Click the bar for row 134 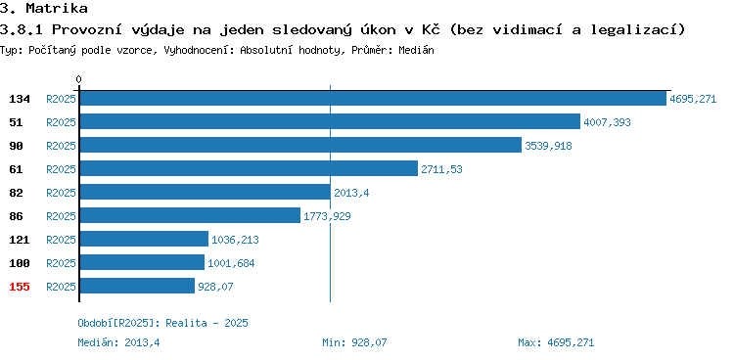click(x=373, y=98)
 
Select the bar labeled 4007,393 click(x=330, y=121)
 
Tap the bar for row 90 click(x=300, y=145)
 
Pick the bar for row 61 click(x=249, y=168)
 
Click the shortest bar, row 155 click(x=137, y=286)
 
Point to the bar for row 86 click(x=190, y=215)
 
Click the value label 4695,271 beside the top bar click(x=693, y=99)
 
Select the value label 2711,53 click(x=441, y=169)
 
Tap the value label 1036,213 click(x=235, y=240)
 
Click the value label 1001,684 click(x=231, y=263)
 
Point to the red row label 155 click(x=20, y=287)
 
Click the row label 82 click(x=16, y=193)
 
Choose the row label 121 click(x=20, y=240)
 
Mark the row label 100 click(x=20, y=263)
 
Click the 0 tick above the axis click(x=78, y=79)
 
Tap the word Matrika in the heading click(x=57, y=8)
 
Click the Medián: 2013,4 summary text click(x=118, y=342)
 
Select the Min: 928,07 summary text click(x=354, y=342)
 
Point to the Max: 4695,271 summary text click(x=556, y=342)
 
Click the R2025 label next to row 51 click(x=61, y=122)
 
